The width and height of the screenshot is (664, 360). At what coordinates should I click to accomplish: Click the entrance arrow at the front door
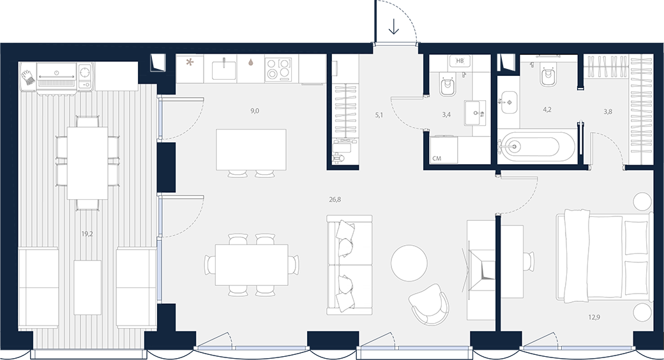pos(394,26)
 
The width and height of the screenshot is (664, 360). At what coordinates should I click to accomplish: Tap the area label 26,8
pos(335,199)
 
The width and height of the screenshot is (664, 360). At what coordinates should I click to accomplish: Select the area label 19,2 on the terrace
pos(87,234)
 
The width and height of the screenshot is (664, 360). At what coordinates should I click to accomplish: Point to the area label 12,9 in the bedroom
pos(594,317)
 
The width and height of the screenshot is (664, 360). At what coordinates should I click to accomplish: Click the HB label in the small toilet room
pos(460,61)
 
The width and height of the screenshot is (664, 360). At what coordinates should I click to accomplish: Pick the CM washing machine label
pos(437,158)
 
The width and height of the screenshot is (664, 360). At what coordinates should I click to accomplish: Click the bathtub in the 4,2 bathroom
pos(536,147)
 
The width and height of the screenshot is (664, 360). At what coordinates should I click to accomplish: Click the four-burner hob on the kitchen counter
pos(278,68)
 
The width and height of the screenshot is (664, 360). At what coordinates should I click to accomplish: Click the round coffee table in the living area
pos(409,262)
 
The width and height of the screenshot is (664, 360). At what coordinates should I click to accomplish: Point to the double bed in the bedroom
pos(602,258)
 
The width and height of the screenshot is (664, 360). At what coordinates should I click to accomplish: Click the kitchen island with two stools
pos(251,149)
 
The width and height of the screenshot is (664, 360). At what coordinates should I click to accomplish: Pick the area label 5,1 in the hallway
pos(379,114)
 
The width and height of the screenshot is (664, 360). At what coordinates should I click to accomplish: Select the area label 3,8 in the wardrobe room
pos(608,112)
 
